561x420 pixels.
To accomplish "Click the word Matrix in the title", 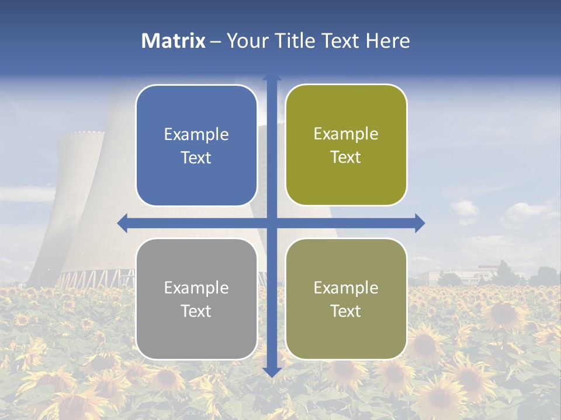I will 174,41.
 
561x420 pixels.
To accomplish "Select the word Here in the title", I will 388,41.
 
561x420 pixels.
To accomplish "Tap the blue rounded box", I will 196,145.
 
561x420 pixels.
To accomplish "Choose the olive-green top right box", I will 346,145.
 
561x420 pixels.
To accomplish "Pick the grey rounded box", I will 196,299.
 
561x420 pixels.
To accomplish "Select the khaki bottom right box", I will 346,299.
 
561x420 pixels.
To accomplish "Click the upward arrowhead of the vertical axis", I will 272,76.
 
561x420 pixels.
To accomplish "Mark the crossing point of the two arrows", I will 272,223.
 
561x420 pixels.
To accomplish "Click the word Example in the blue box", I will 196,135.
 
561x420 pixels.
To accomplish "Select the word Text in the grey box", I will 196,311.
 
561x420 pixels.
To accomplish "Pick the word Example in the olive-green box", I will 346,134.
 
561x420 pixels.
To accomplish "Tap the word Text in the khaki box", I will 346,311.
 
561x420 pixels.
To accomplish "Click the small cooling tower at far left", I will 76,192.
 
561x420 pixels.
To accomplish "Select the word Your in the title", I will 247,41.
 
